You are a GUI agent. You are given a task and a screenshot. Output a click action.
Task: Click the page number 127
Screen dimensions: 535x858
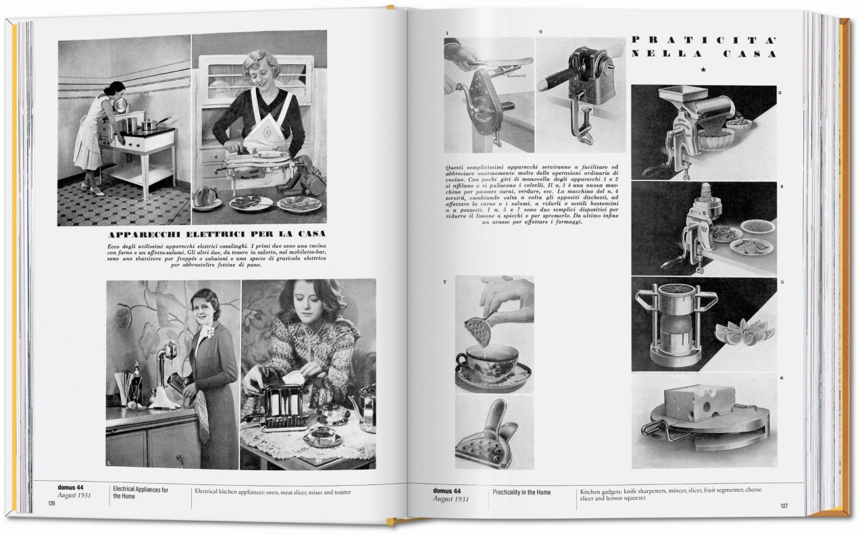tap(784, 505)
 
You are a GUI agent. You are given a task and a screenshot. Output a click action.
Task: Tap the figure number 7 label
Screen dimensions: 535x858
tap(445, 280)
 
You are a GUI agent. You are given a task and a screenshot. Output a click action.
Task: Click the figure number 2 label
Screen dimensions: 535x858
tap(540, 32)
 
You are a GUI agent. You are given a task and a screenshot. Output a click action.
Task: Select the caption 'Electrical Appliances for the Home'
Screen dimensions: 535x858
tap(141, 492)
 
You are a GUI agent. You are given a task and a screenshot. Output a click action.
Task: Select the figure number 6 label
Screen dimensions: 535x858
tap(781, 378)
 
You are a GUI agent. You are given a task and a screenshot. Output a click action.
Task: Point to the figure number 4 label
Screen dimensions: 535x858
tap(781, 186)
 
